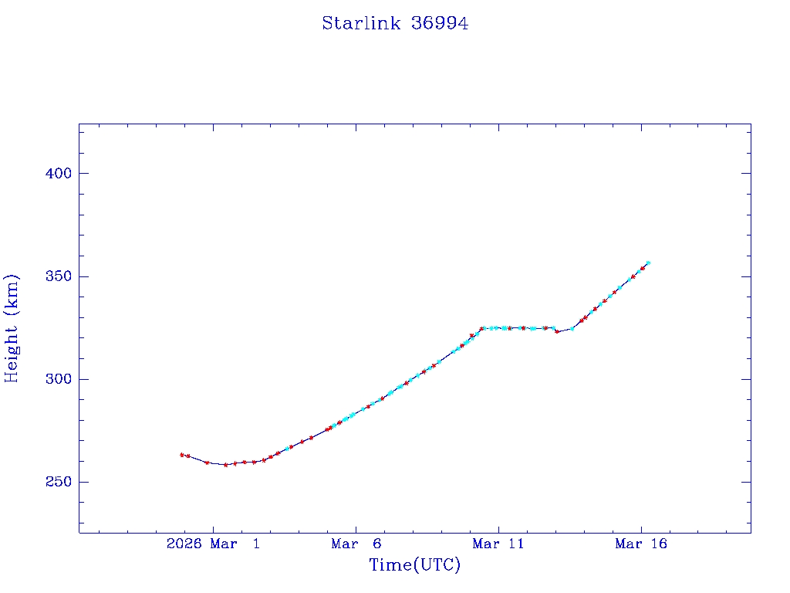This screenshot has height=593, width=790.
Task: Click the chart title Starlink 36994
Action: pyautogui.click(x=395, y=24)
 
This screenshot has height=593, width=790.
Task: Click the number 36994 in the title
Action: pyautogui.click(x=440, y=24)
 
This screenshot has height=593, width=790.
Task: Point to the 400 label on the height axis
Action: pyautogui.click(x=59, y=174)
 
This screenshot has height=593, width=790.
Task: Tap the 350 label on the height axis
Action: pyautogui.click(x=59, y=276)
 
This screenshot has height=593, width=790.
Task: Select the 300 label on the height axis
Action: pyautogui.click(x=59, y=379)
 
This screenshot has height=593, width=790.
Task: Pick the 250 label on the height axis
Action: pyautogui.click(x=59, y=482)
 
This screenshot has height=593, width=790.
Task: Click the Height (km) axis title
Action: pyautogui.click(x=12, y=328)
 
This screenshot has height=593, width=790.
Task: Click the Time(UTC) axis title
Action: pyautogui.click(x=414, y=565)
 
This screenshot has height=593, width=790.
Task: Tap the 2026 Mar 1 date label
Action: pyautogui.click(x=214, y=544)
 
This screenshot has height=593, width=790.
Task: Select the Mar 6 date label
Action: pyautogui.click(x=356, y=544)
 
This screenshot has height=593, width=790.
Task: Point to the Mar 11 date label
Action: pyautogui.click(x=498, y=544)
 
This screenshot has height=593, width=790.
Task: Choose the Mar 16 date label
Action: pyautogui.click(x=641, y=544)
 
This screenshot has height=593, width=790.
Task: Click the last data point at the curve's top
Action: pyautogui.click(x=648, y=263)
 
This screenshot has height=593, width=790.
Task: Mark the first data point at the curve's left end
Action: pyautogui.click(x=182, y=455)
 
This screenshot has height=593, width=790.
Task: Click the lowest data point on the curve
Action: pyautogui.click(x=226, y=465)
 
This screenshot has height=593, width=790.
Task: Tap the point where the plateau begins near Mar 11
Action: pyautogui.click(x=481, y=328)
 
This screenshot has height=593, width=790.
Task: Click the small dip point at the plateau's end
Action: pyautogui.click(x=557, y=331)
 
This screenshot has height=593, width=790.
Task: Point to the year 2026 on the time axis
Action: pyautogui.click(x=184, y=544)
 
